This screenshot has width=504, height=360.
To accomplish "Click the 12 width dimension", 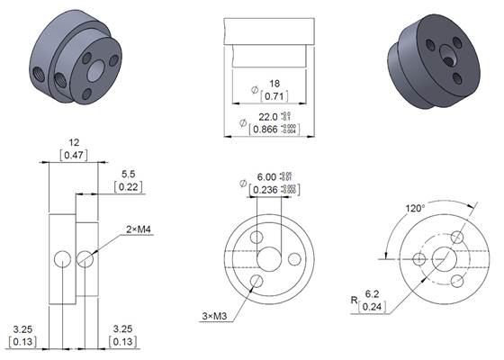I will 75,142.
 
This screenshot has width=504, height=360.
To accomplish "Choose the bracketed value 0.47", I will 75,156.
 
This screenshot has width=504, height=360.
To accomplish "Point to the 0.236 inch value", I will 268,190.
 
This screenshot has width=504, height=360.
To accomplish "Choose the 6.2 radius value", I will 370,293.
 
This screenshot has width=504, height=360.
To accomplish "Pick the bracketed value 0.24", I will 370,307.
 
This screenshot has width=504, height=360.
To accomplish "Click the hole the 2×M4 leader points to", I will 85,259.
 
